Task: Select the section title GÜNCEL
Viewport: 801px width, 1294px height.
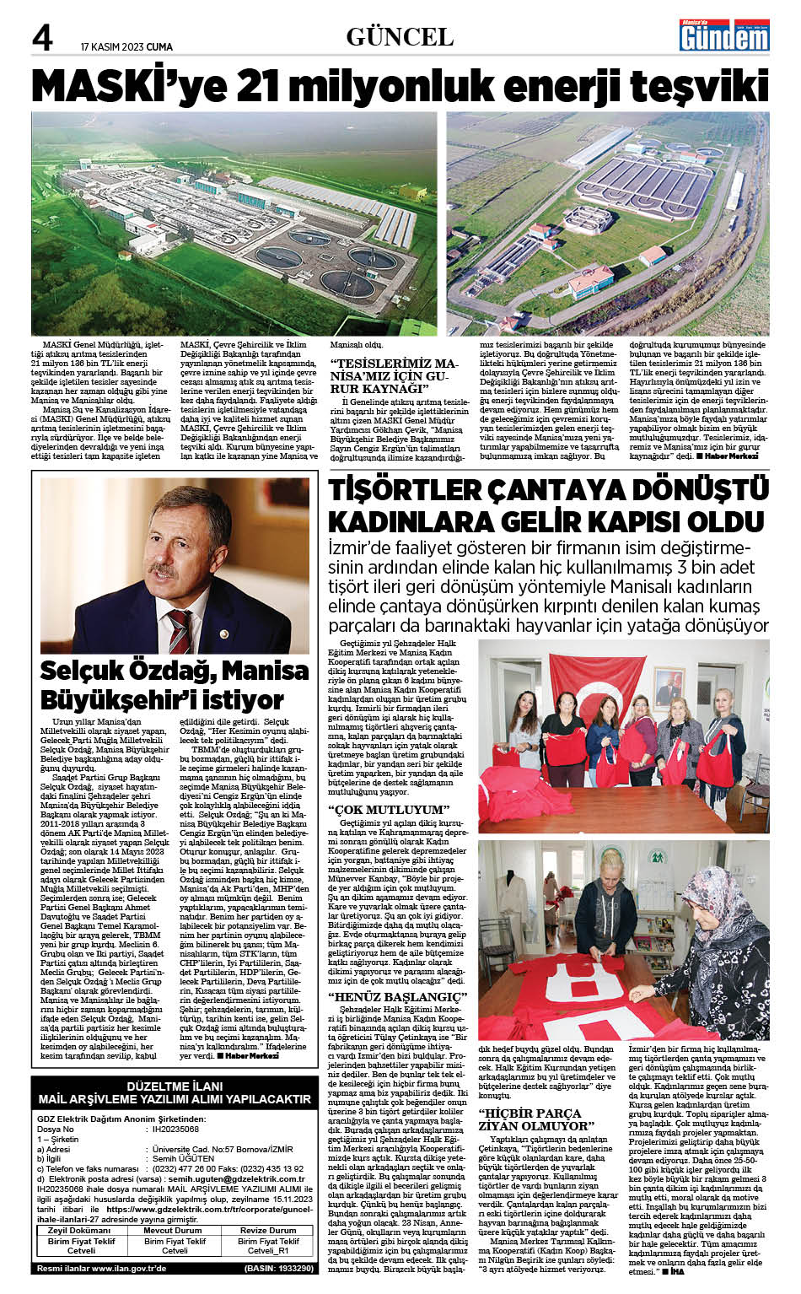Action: click(x=400, y=36)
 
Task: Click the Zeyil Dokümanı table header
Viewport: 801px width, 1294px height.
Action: click(x=81, y=1230)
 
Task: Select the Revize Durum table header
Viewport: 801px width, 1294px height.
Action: click(x=267, y=1230)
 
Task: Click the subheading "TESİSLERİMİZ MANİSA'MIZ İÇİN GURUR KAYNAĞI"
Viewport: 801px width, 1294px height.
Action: click(x=392, y=376)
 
